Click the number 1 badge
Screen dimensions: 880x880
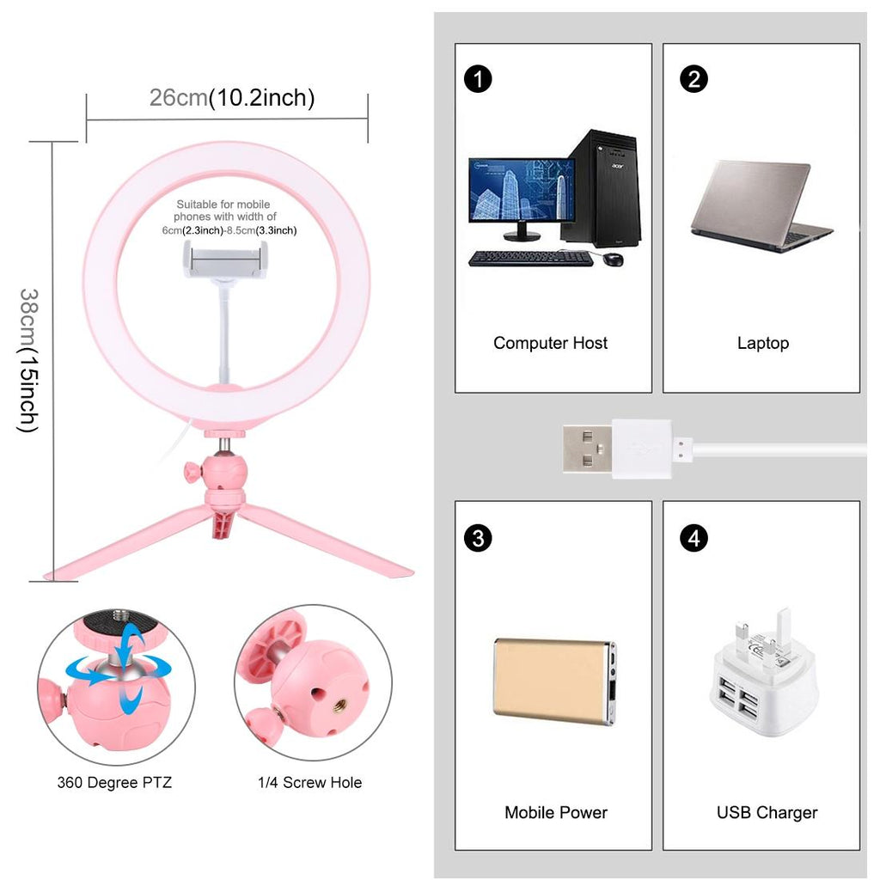478,79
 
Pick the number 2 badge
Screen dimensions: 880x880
694,79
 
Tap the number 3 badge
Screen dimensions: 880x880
478,538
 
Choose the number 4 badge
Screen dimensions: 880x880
694,538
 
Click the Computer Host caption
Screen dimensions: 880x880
550,343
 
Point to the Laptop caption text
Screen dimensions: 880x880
762,343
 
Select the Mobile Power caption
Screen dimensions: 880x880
555,812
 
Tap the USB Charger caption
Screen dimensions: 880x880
767,812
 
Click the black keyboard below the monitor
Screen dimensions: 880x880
531,258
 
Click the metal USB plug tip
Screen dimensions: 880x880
586,448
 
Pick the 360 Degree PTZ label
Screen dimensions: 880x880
114,783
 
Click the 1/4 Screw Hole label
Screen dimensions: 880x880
309,783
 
